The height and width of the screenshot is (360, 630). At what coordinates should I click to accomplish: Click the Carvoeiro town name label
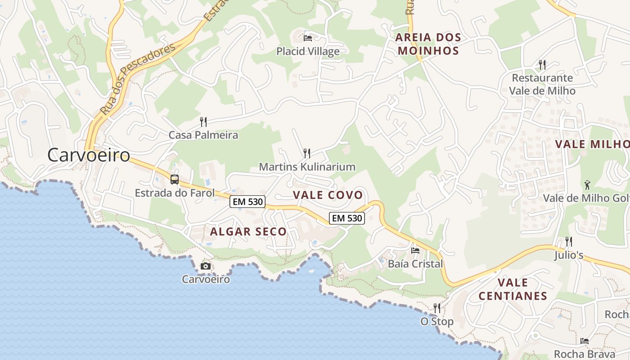(x=89, y=155)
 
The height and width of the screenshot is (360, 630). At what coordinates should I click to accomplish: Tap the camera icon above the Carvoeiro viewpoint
(x=206, y=266)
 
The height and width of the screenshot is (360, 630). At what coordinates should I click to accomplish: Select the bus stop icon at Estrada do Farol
(x=175, y=180)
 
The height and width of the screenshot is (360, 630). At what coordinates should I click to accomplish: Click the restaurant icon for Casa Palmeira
(x=203, y=121)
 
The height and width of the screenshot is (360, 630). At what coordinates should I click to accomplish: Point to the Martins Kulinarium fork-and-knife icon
(x=307, y=153)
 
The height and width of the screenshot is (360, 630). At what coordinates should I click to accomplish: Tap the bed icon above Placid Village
(x=308, y=38)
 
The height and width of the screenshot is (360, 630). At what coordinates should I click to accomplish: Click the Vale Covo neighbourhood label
(x=328, y=195)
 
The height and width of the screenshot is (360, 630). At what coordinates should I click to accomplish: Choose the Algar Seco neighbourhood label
(x=248, y=232)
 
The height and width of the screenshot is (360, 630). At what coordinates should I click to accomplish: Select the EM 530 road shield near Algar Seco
(x=247, y=202)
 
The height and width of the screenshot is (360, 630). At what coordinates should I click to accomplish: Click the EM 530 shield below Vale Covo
(x=346, y=218)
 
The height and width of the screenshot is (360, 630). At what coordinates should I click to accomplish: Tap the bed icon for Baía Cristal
(x=415, y=250)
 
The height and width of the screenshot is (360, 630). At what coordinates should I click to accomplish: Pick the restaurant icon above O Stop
(x=437, y=308)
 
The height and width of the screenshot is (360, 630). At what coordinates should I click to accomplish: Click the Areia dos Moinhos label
(x=428, y=44)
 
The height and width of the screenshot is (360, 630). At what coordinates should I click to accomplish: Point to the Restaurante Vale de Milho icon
(x=542, y=65)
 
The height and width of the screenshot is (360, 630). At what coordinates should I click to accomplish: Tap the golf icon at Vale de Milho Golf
(x=587, y=185)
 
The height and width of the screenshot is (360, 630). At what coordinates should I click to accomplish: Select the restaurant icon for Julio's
(x=569, y=242)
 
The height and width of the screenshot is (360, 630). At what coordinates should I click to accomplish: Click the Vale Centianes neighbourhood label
(x=513, y=289)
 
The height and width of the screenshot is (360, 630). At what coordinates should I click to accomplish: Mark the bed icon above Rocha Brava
(x=585, y=341)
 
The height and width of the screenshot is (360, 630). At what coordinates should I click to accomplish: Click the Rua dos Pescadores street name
(x=137, y=79)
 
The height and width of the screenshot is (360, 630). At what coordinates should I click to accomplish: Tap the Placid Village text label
(x=308, y=51)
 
